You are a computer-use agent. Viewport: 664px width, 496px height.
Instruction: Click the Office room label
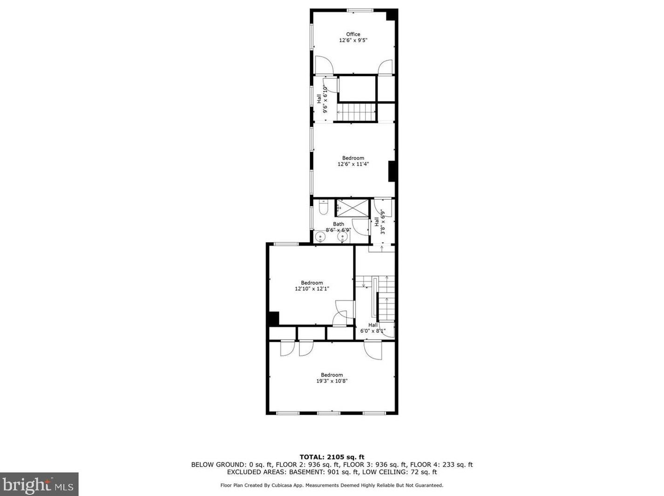click(353, 34)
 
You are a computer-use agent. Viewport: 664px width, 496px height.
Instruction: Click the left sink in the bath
click(319, 237)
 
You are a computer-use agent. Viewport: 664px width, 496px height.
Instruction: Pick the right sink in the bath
click(343, 237)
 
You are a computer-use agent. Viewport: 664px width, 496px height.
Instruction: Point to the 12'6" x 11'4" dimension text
click(353, 164)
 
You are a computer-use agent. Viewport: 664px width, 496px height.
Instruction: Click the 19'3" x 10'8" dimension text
click(332, 381)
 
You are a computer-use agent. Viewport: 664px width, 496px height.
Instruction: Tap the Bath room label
click(338, 224)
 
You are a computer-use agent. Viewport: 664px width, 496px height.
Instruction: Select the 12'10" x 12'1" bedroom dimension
click(312, 288)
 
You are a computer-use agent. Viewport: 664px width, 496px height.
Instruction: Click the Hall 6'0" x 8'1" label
click(373, 328)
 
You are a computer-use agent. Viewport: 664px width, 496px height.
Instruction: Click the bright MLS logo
click(39, 484)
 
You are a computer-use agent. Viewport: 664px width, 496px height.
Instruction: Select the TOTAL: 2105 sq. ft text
click(332, 457)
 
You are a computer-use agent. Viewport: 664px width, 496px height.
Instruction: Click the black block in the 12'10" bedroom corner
click(274, 318)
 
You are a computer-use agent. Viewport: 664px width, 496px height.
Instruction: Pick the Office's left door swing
click(324, 65)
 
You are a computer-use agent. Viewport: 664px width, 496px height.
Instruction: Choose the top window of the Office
click(359, 10)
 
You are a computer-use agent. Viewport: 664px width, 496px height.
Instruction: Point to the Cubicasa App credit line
click(332, 485)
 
